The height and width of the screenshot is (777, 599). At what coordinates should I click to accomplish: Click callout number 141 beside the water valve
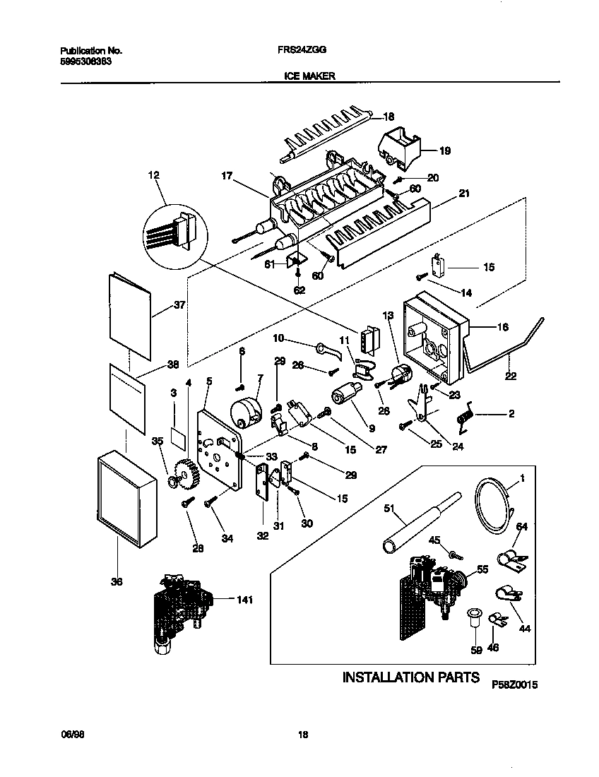point(244,600)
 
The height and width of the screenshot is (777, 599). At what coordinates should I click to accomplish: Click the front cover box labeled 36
point(126,499)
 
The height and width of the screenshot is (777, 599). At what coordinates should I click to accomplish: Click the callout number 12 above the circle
point(154,174)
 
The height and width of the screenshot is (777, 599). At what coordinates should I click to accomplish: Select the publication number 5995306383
point(84,61)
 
